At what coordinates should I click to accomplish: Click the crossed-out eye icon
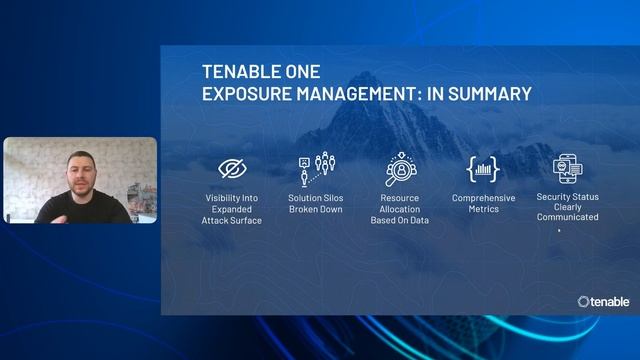(x=232, y=167)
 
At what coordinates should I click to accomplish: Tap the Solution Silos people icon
(x=316, y=169)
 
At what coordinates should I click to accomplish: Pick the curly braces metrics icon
(x=483, y=169)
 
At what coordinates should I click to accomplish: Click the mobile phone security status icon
(x=567, y=169)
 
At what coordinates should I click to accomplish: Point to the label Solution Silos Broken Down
(x=316, y=203)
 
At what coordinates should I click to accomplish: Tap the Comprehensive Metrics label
(x=483, y=203)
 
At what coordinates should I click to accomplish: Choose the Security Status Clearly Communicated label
(x=567, y=207)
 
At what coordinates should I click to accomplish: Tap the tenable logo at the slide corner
(x=603, y=300)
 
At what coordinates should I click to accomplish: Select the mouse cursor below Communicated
(x=558, y=231)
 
